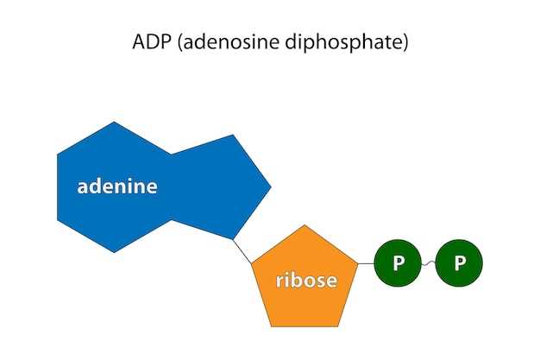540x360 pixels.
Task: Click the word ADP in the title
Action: coord(148,42)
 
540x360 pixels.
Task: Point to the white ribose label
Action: coord(306,281)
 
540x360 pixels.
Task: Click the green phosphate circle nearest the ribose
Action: coord(398,262)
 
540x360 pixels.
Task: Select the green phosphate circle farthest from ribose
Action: coord(459,262)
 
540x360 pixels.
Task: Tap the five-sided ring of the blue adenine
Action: coord(220,186)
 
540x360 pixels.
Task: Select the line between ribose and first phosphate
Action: coord(365,262)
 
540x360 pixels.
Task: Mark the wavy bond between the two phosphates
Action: coord(428,262)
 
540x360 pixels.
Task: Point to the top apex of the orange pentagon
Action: coord(304,225)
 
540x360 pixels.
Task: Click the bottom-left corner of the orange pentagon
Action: coord(271,326)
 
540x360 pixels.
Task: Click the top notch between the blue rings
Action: coord(172,155)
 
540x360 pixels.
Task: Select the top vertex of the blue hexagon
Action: coord(114,123)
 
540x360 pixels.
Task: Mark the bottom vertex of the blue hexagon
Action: coord(114,252)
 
